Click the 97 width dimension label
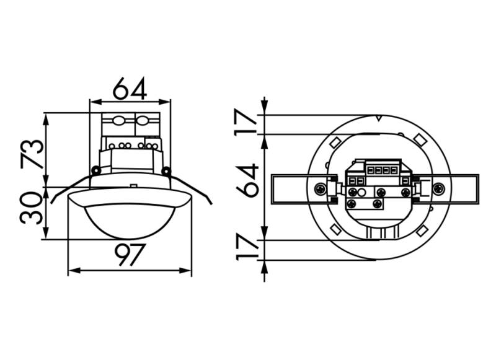(130, 255)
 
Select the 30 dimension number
(32, 208)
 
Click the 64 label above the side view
(130, 89)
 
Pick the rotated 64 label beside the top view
(248, 180)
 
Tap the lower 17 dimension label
(249, 247)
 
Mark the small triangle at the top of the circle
(378, 117)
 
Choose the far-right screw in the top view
(438, 189)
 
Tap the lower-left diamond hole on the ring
(334, 230)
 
